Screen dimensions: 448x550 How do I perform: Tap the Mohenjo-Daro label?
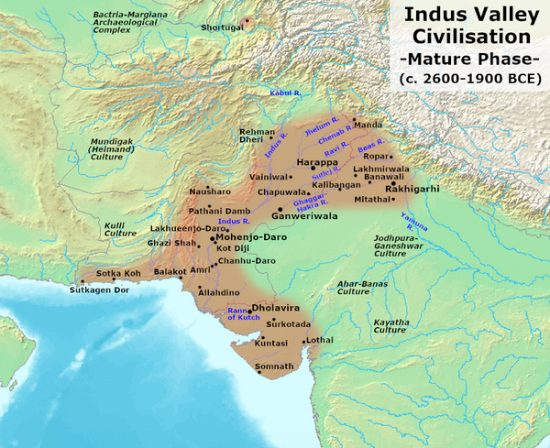252,236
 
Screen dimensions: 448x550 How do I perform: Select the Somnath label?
274,366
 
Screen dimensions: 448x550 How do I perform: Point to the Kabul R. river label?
285,93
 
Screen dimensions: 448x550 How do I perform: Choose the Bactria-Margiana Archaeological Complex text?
118,24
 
